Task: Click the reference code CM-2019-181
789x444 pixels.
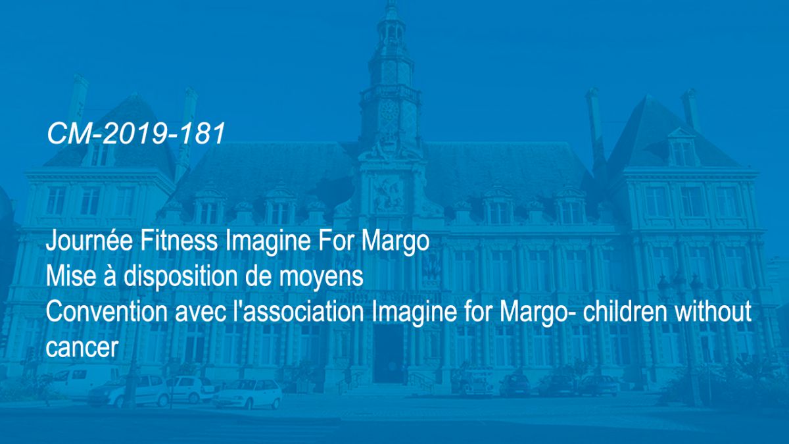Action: [x=136, y=134]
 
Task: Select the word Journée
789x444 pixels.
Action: [x=89, y=241]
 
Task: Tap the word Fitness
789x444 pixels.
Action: [x=179, y=241]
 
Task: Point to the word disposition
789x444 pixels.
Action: [x=180, y=278]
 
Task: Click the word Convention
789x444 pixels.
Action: [x=107, y=312]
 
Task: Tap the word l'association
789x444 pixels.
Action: [x=299, y=312]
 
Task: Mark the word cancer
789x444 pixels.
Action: [x=82, y=348]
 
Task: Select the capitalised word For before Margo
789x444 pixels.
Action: [x=336, y=241]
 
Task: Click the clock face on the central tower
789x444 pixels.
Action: [x=389, y=111]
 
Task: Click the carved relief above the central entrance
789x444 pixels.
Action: [x=388, y=194]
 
